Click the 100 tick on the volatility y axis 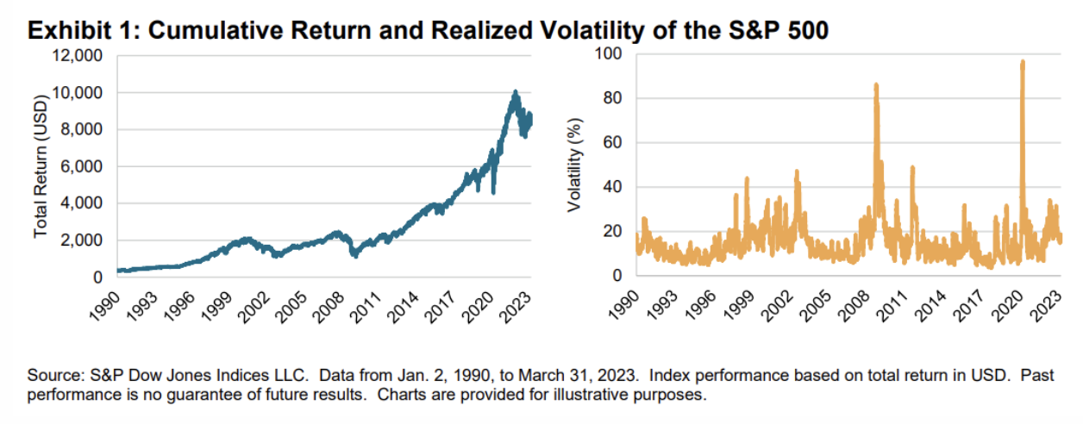(607, 54)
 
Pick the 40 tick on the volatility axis (610, 187)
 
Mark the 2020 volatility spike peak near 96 (1022, 62)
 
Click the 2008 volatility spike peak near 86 (876, 84)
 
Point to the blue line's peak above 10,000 (515, 91)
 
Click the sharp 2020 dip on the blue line (493, 192)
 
